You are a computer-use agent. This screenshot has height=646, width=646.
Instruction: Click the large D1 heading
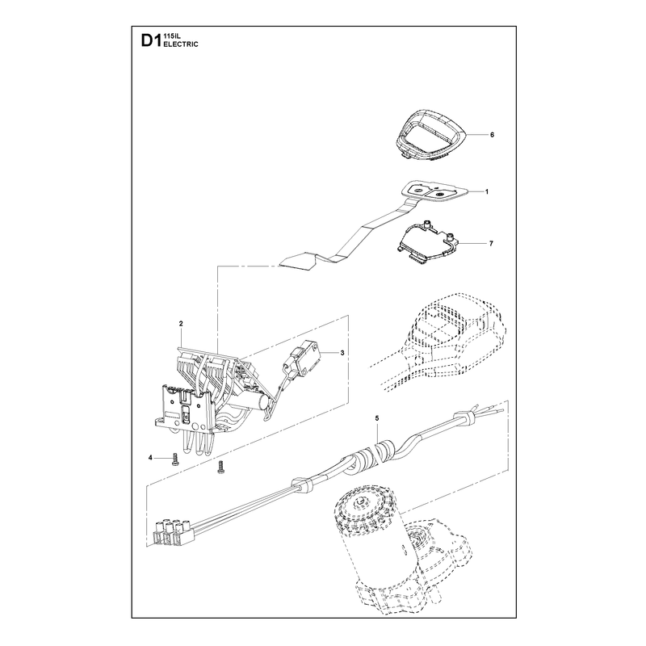(150, 41)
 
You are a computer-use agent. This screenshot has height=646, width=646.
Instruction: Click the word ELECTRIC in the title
(181, 44)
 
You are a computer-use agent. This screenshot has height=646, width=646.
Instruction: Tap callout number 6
(492, 135)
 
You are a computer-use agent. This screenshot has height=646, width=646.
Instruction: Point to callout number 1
(486, 191)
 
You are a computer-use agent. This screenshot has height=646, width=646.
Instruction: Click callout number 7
(491, 244)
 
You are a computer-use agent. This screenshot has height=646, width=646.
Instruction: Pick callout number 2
(181, 324)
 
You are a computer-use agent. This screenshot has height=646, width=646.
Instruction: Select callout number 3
(342, 353)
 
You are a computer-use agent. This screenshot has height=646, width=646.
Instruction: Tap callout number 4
(150, 457)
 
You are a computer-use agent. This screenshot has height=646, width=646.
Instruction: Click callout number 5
(376, 417)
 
